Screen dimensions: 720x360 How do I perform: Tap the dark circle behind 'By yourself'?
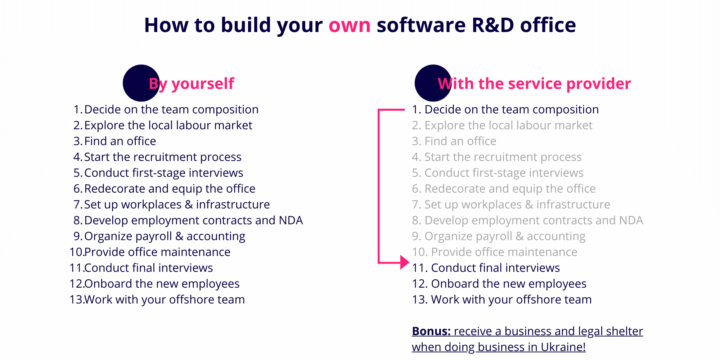141,83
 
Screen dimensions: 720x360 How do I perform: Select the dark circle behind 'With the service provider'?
433,83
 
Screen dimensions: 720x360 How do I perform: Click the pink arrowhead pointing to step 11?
405,262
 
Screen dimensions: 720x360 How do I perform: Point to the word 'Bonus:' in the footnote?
431,331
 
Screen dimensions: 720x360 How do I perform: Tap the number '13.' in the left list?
77,300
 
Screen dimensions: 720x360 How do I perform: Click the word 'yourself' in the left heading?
203,84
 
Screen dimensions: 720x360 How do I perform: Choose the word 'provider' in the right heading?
599,84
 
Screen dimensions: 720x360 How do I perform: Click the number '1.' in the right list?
417,109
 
